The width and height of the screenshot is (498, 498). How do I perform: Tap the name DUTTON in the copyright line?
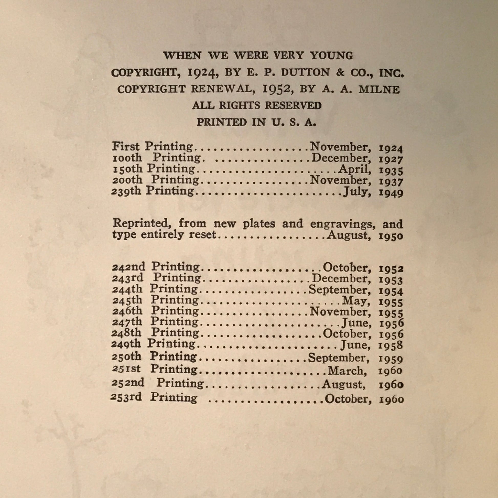click(306, 73)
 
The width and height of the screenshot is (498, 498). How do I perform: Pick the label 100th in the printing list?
click(127, 158)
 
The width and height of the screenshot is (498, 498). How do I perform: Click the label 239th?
click(127, 191)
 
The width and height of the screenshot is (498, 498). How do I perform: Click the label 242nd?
click(128, 267)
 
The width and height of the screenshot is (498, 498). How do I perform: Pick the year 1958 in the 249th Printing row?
click(391, 345)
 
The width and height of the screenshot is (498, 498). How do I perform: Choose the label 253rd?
click(126, 397)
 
